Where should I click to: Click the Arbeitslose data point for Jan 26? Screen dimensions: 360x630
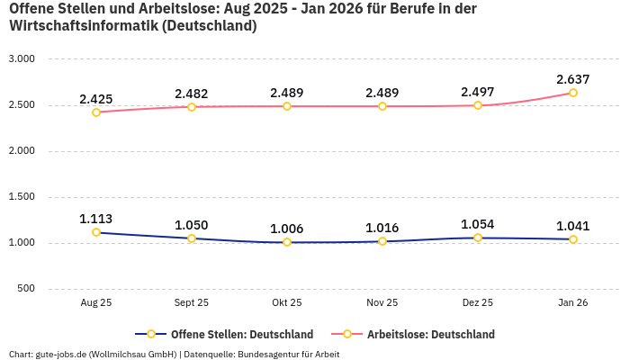(573, 93)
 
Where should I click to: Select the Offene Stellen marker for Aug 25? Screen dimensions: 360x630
(96, 232)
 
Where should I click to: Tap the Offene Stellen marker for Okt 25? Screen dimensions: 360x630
(287, 242)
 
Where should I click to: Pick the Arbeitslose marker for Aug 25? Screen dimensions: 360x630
(96, 112)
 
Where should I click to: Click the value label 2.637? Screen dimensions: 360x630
(573, 79)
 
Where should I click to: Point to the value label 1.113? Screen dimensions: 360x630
(96, 219)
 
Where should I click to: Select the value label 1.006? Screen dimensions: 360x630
(287, 229)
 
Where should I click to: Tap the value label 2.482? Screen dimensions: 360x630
(192, 94)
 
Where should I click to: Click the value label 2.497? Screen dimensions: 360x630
(478, 93)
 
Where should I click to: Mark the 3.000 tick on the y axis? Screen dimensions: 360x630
(21, 58)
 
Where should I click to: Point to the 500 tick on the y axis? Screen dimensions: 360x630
(26, 289)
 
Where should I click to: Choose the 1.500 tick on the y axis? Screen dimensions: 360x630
(21, 196)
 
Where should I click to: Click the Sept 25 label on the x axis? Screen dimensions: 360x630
(192, 303)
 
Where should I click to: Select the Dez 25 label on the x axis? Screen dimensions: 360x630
(478, 303)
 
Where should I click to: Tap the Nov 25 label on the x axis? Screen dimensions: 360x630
(382, 303)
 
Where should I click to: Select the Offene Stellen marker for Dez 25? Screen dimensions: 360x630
(478, 238)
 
